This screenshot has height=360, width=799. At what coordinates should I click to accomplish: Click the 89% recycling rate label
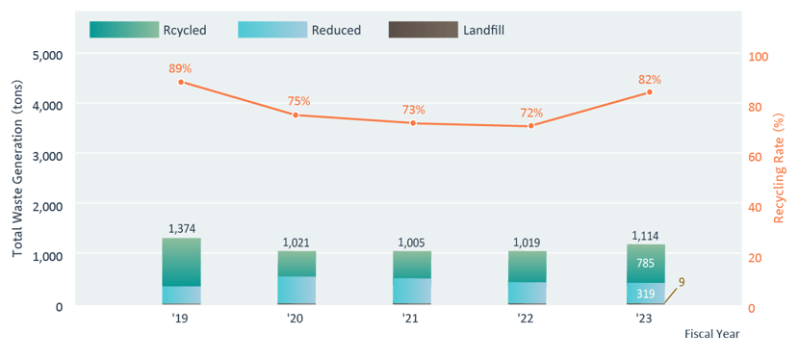click(181, 68)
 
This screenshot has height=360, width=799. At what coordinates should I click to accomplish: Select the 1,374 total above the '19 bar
click(181, 228)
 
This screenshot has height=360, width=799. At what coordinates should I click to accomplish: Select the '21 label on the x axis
click(412, 319)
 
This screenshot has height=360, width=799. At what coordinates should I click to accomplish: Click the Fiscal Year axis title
click(711, 334)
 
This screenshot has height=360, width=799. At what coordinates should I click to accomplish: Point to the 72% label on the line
click(531, 113)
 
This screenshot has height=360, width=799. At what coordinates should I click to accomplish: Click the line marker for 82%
click(649, 92)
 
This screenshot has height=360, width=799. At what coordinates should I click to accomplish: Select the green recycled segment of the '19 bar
click(181, 262)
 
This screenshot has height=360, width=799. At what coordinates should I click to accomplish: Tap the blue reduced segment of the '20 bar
click(296, 289)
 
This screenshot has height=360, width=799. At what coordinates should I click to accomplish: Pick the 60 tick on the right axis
click(755, 157)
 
